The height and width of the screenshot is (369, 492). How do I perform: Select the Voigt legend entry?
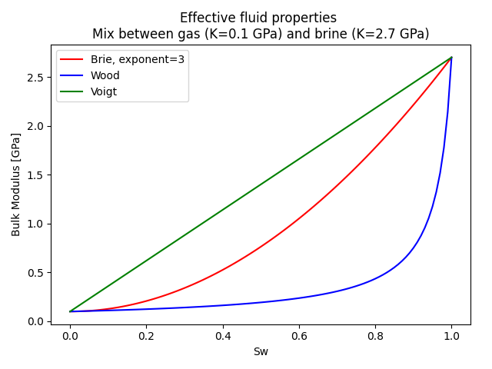tap(104, 91)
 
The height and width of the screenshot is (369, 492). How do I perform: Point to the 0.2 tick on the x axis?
tap(146, 336)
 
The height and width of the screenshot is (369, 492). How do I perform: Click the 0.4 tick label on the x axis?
tap(222, 336)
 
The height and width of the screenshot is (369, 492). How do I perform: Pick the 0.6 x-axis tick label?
tap(299, 336)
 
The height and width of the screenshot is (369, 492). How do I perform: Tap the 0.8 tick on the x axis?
tap(375, 336)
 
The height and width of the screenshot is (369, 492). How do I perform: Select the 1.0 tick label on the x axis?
tap(451, 336)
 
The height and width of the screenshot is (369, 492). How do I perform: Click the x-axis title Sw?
tap(261, 351)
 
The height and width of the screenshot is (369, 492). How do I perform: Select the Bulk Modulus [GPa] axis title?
tap(16, 184)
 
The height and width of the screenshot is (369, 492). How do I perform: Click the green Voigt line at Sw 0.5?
tap(261, 184)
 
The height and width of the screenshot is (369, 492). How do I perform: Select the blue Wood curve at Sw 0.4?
tap(222, 305)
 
